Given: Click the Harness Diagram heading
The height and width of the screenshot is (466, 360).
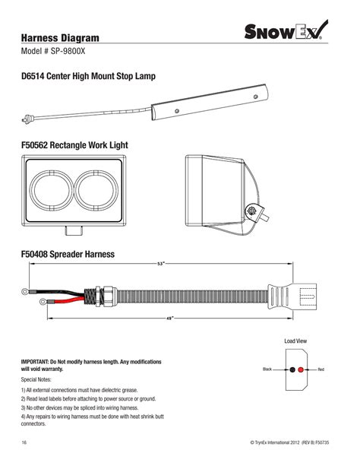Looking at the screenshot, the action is click(60, 38).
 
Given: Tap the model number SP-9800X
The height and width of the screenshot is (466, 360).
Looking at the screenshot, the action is click(68, 51).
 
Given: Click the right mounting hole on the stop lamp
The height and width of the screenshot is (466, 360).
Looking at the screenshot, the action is click(255, 97).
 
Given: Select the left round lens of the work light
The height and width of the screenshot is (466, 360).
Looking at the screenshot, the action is click(51, 190).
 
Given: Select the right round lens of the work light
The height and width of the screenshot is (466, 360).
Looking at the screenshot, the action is click(96, 190).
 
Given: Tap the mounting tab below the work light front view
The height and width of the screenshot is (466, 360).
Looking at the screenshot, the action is click(74, 230).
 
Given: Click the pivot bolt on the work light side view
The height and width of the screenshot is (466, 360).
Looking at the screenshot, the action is click(252, 211).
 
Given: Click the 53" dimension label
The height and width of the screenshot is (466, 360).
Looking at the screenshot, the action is click(161, 264).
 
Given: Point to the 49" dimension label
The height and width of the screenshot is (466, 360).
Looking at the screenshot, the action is click(169, 319).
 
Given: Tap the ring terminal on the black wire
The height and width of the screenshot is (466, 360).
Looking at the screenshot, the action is click(25, 291).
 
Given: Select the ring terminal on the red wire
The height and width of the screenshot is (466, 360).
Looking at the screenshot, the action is click(43, 302).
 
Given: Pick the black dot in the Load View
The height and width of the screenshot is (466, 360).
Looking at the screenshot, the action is click(292, 369).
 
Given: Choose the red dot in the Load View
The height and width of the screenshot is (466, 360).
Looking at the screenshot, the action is click(301, 369).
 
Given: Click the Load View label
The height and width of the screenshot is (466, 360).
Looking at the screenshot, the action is click(295, 341).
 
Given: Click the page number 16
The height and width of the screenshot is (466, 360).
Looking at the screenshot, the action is click(24, 442).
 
